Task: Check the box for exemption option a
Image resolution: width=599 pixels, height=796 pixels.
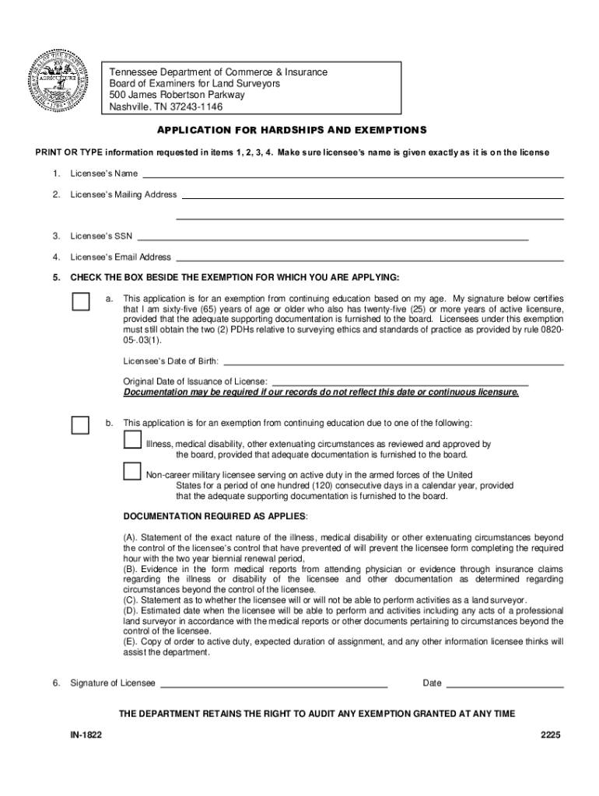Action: tap(80, 301)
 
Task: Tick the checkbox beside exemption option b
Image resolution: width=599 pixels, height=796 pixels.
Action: tap(80, 424)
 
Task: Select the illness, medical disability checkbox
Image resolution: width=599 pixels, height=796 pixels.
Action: tap(132, 440)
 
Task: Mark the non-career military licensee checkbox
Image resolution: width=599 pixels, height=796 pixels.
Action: tap(132, 472)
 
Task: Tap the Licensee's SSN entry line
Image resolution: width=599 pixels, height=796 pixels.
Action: tap(332, 239)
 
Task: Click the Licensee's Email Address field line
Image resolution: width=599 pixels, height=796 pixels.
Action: tap(370, 259)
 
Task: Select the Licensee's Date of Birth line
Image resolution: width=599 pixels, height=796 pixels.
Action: tap(394, 363)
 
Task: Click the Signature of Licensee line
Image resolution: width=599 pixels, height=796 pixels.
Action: tap(274, 686)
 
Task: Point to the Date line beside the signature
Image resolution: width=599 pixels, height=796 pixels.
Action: tap(505, 686)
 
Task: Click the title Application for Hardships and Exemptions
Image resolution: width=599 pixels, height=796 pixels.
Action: tap(292, 130)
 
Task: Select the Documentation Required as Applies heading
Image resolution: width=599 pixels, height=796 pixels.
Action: tap(215, 517)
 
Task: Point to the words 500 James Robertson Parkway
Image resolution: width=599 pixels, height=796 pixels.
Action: tap(177, 95)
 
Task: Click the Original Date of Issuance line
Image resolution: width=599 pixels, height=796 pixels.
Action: tap(399, 383)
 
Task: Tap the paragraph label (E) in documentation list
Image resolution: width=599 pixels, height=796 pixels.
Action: tap(131, 641)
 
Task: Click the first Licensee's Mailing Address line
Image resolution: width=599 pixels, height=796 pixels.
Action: tap(373, 197)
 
